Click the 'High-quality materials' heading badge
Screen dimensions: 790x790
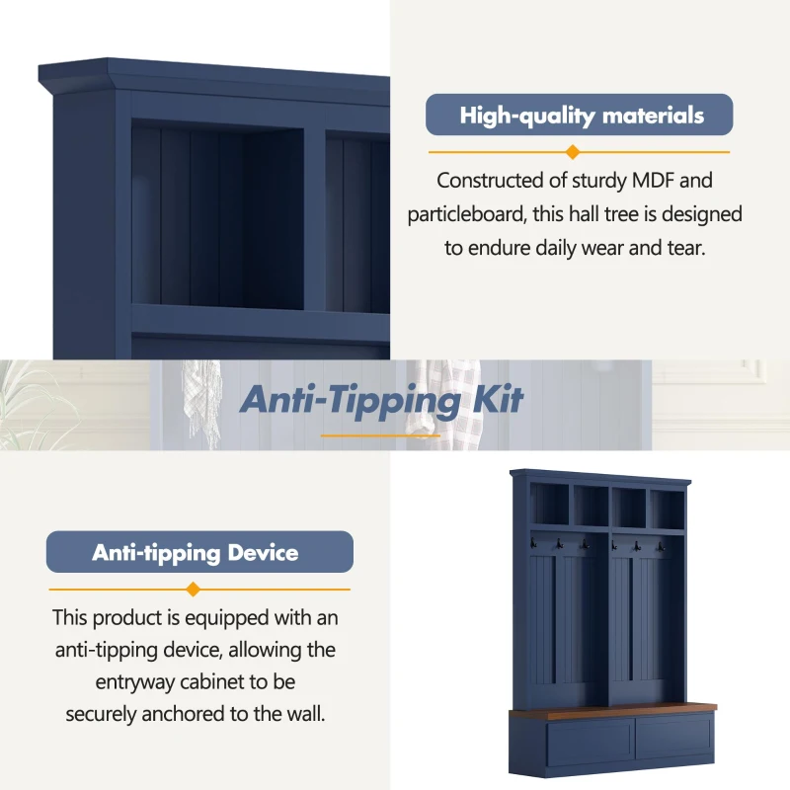579,115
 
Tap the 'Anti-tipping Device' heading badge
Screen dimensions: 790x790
199,552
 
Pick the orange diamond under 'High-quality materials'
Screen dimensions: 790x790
573,152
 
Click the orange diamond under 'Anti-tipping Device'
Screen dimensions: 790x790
193,589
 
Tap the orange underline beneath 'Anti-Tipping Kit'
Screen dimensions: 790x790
380,435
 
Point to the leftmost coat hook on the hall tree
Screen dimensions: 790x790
533,543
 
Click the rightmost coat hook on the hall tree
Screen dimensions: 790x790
661,547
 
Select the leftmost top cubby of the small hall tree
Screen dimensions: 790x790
549,505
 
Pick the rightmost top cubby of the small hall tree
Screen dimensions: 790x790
668,510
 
